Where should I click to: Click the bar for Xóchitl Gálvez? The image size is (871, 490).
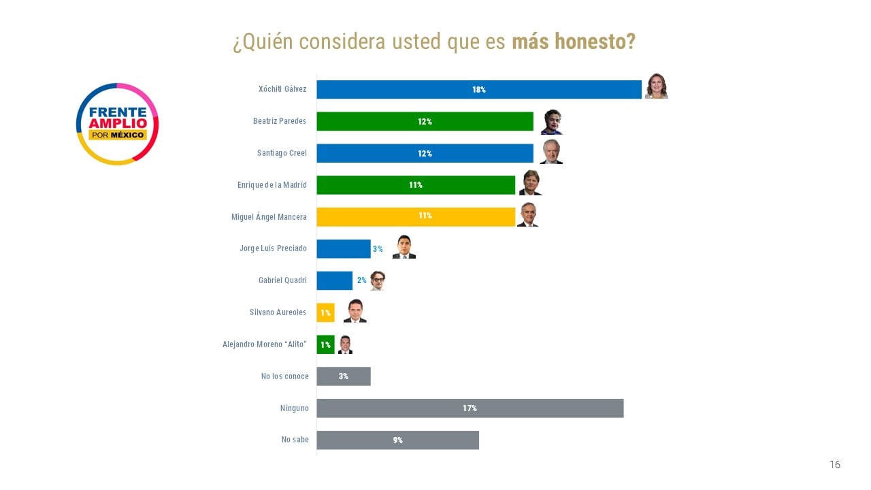coord(478,89)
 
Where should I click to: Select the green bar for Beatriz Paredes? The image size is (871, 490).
coord(425,121)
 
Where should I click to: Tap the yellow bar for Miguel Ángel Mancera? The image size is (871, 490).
coord(415,216)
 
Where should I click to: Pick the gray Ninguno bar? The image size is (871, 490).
coord(470,408)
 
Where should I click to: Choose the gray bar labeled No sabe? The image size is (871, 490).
coord(397,440)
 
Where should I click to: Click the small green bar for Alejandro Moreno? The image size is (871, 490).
coord(325,344)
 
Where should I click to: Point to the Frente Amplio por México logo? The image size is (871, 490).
coord(117,124)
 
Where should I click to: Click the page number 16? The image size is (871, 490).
coord(835,465)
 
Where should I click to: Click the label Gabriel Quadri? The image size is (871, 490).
coord(282,280)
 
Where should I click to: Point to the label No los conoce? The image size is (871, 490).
coord(284,376)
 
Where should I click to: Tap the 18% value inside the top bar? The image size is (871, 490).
coord(479,90)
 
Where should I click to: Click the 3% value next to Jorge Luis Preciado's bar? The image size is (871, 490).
coord(378,249)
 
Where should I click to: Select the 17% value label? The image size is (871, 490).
coord(470,408)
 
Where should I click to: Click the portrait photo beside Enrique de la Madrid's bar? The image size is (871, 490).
coord(530,183)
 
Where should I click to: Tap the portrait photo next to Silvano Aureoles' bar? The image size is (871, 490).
coord(355,311)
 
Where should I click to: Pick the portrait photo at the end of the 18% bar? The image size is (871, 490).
coord(657,86)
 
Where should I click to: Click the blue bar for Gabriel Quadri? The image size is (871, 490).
coord(334,280)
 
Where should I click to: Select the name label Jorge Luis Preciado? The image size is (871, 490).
coord(273,248)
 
